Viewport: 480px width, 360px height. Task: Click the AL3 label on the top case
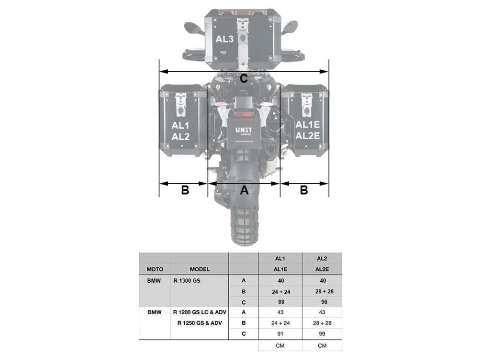point(225,39)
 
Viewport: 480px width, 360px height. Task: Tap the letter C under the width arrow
point(244,79)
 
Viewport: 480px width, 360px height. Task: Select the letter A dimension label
point(244,190)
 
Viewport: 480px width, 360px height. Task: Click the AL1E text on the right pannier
point(307,125)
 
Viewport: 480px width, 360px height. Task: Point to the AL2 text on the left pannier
point(180,137)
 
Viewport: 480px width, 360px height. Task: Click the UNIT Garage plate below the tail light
point(243,129)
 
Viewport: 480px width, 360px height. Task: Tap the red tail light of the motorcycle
point(243,113)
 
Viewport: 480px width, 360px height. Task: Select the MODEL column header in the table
point(200,270)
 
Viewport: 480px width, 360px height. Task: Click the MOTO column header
point(155,270)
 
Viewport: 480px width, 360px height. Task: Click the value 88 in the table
point(281,302)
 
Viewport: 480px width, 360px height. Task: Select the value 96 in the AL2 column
point(322,302)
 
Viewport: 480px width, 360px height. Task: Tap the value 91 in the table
point(281,334)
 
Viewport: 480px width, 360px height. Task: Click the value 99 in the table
point(322,334)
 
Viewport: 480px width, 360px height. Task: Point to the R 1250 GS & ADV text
point(200,323)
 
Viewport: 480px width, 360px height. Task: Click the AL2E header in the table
point(322,270)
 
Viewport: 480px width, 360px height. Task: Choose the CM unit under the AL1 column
point(281,346)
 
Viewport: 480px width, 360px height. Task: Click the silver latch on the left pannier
point(181,104)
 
